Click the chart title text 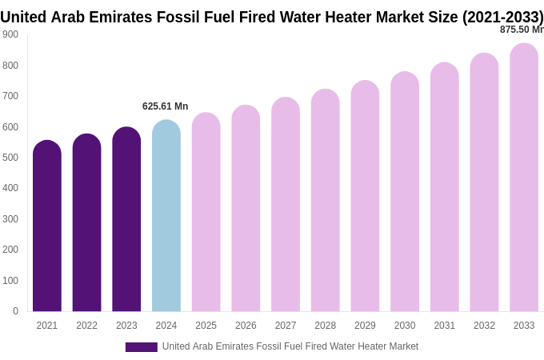[272, 17]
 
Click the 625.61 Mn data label [166, 106]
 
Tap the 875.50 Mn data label [522, 30]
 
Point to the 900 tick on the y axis [10, 34]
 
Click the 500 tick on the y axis [10, 158]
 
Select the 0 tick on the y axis [15, 311]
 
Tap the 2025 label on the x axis [206, 326]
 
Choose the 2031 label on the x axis [445, 326]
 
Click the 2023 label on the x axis [126, 326]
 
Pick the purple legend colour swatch [142, 347]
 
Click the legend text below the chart [290, 346]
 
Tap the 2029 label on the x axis [365, 326]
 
